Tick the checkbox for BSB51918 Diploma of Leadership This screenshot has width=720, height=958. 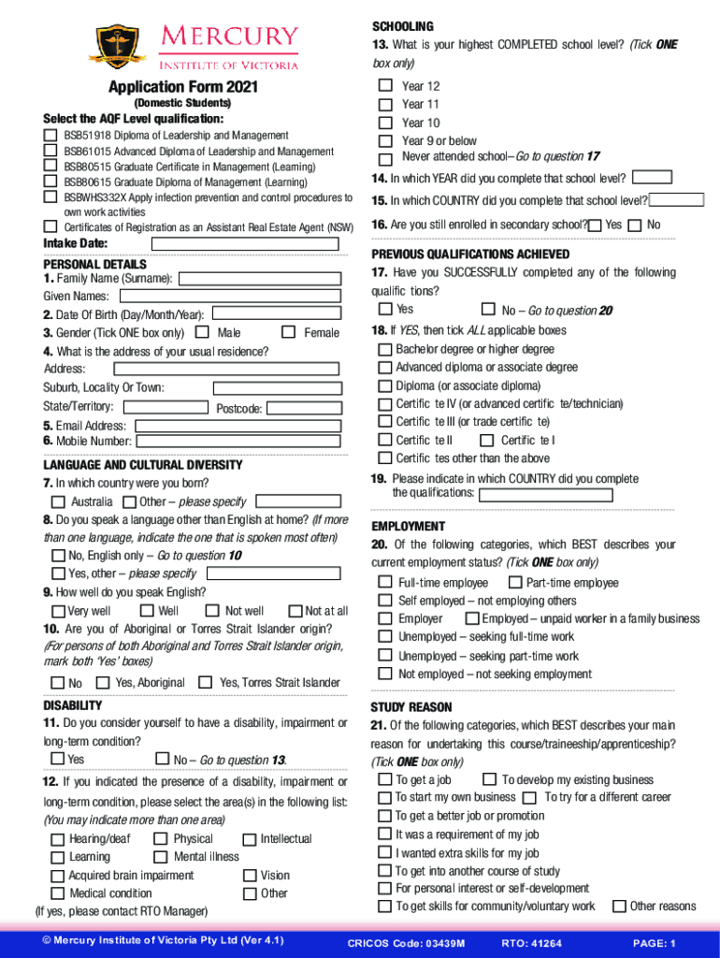[x=50, y=136]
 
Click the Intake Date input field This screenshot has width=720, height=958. [x=244, y=243]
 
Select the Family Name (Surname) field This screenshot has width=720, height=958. [x=260, y=278]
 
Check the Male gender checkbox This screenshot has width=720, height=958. [x=202, y=332]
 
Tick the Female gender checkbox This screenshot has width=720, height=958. [x=288, y=332]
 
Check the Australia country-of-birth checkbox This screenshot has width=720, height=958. [x=58, y=502]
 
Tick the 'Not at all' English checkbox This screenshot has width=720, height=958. [x=297, y=611]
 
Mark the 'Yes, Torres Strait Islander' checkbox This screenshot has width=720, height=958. [x=206, y=682]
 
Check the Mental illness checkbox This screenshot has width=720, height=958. [x=160, y=857]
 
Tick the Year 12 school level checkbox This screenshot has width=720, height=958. [x=385, y=86]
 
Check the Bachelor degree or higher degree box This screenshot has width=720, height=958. [x=385, y=349]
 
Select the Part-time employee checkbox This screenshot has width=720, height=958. [x=514, y=582]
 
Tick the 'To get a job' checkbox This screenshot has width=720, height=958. [x=385, y=779]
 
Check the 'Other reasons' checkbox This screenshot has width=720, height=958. [x=619, y=906]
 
